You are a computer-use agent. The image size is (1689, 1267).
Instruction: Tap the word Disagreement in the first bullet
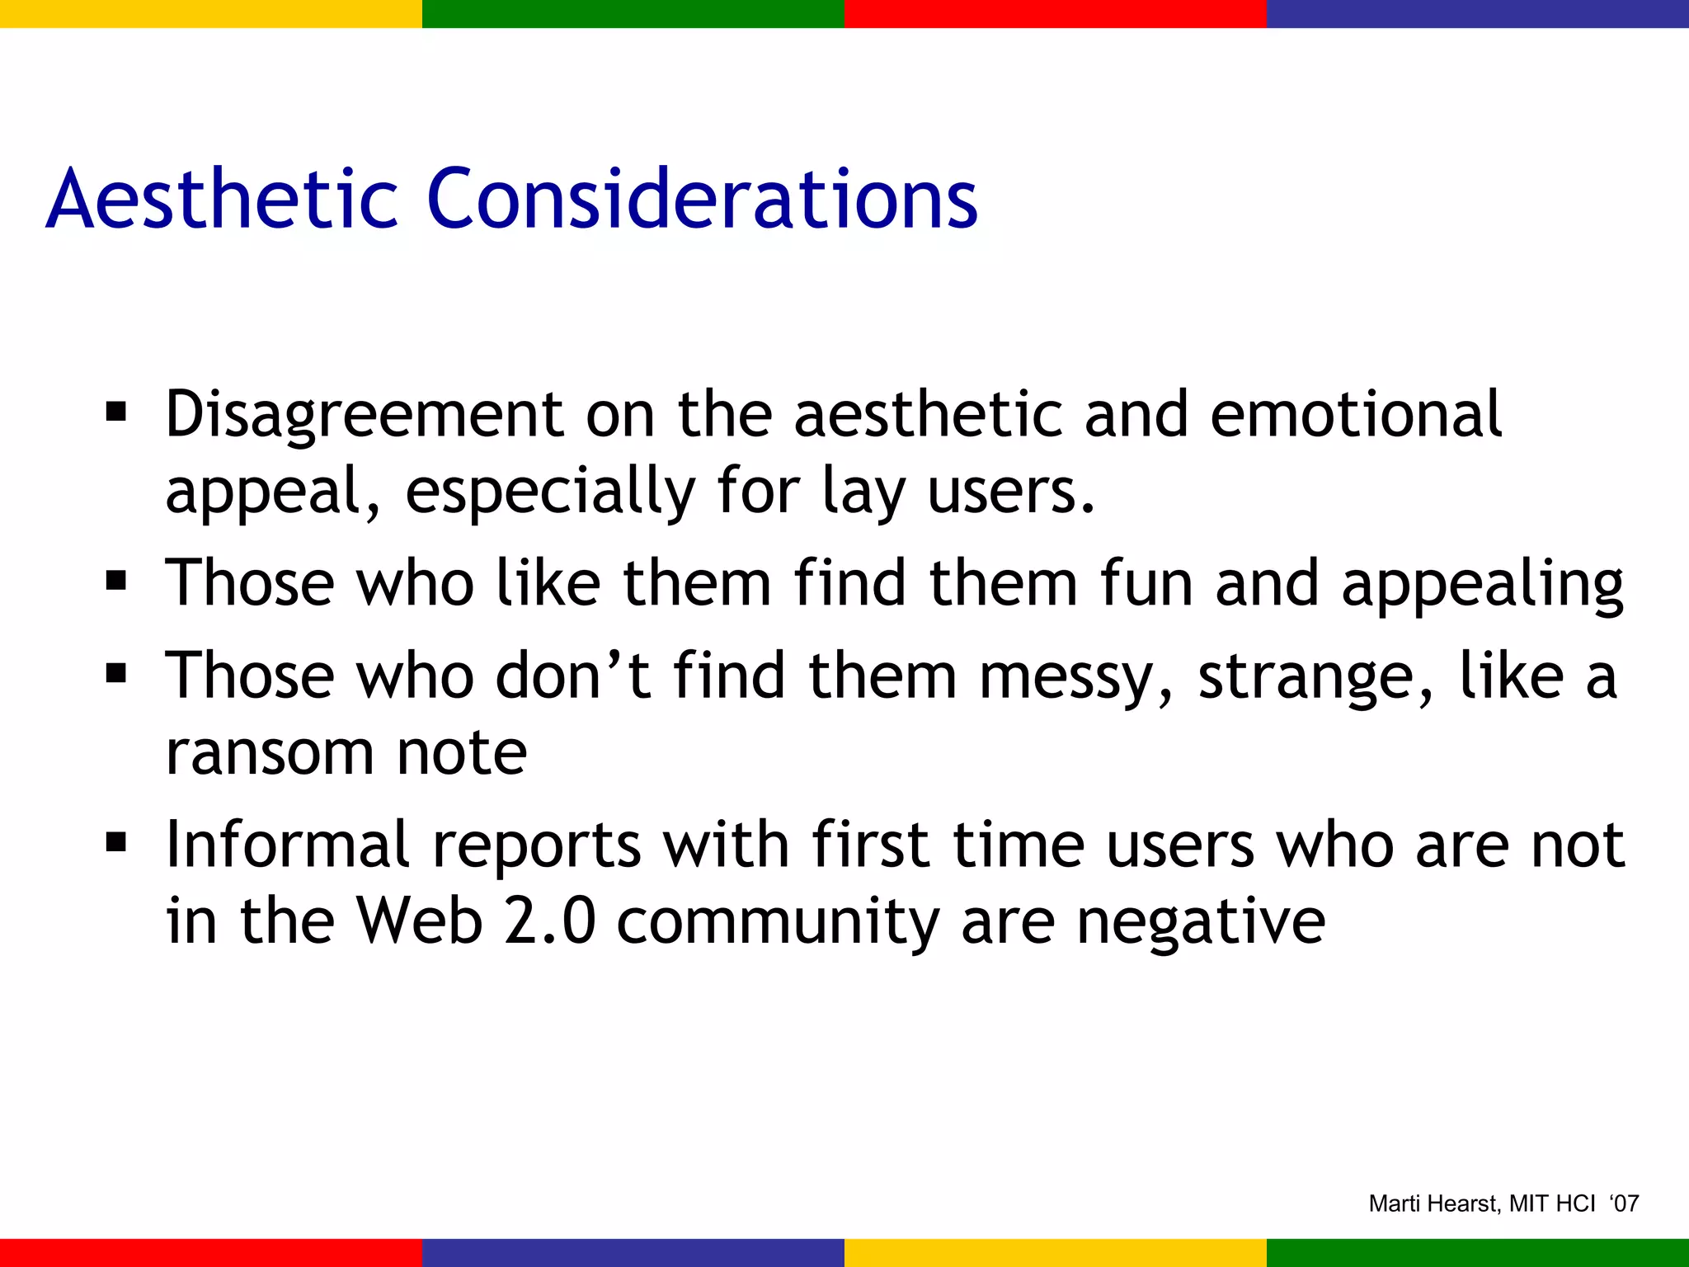[364, 415]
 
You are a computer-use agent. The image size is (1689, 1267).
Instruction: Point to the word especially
[550, 492]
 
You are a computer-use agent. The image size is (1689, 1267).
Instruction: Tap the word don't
[573, 676]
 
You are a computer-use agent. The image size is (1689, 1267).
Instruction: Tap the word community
[778, 922]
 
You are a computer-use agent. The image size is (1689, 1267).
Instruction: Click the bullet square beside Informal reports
[116, 843]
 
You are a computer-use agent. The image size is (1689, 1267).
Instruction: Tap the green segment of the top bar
[633, 13]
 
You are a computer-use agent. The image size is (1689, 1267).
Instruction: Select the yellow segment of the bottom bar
[1056, 1252]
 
